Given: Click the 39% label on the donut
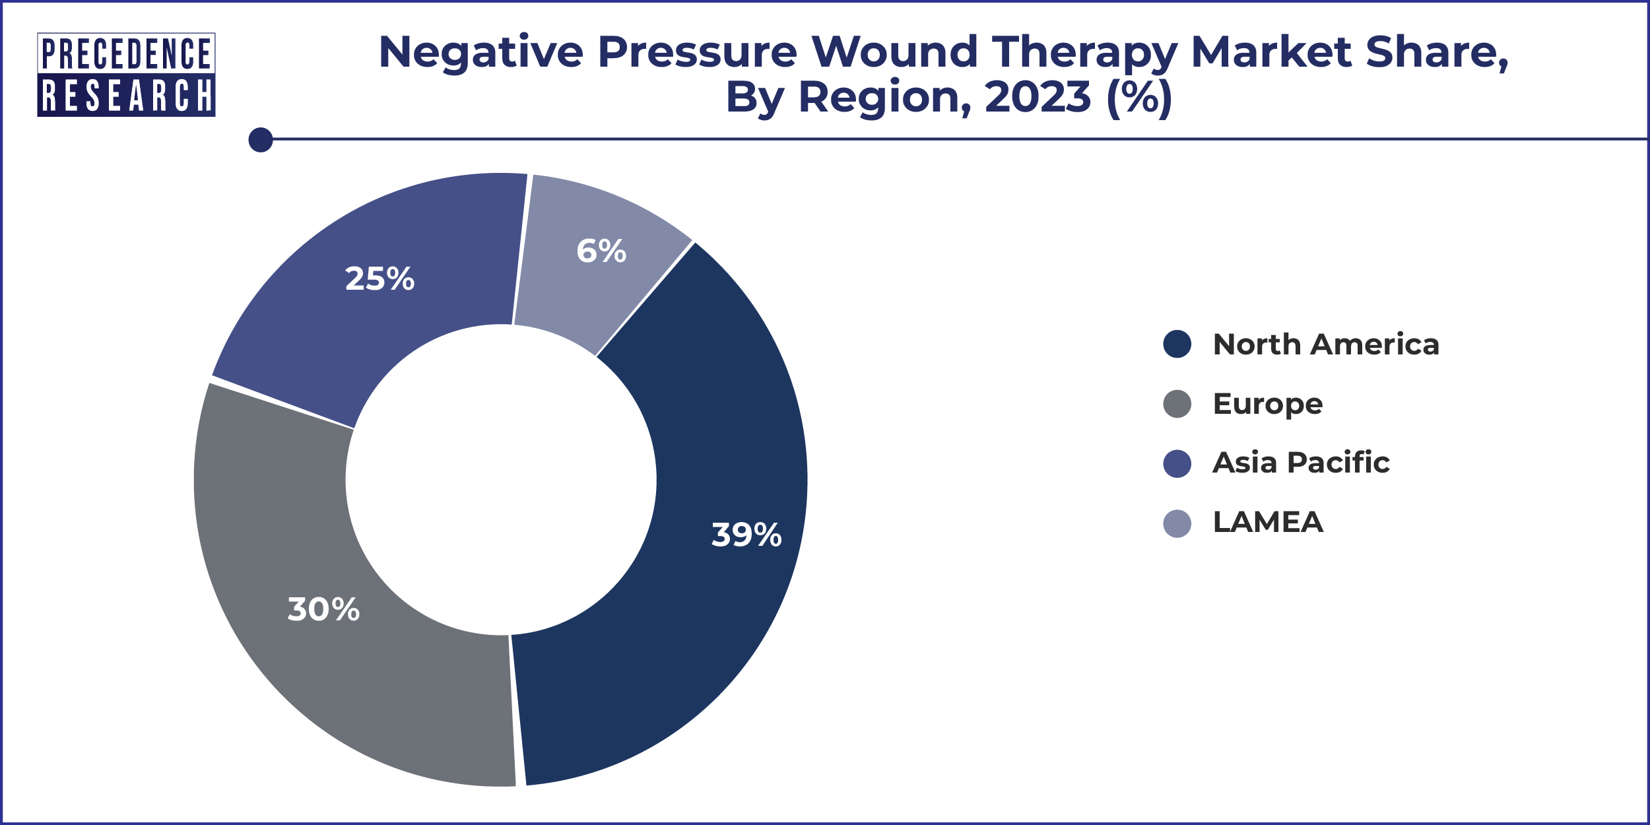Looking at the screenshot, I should (x=746, y=535).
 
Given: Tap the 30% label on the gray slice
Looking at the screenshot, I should (x=323, y=609).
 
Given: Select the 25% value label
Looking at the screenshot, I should (x=379, y=279).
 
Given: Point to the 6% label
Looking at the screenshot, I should (x=601, y=251).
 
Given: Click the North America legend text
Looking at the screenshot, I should (x=1325, y=345).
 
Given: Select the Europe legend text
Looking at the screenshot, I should (x=1267, y=404).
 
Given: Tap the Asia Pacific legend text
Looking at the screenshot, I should (x=1301, y=463).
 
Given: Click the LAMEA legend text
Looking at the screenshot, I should (x=1268, y=523).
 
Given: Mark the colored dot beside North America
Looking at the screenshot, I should (x=1177, y=344).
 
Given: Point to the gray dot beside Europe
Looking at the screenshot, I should (x=1177, y=404).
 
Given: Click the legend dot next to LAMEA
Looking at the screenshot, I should (x=1177, y=523).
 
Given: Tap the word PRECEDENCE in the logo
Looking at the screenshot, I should (x=126, y=53).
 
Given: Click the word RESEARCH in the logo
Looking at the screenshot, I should (x=126, y=96).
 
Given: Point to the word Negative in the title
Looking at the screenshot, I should (x=480, y=51).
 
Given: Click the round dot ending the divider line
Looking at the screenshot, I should (x=261, y=140).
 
